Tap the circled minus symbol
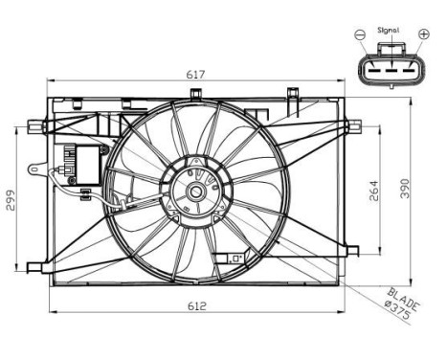point(360,35)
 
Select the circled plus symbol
point(424,35)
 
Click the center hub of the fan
point(196,192)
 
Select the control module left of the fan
point(81,159)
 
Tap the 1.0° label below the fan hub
point(233,258)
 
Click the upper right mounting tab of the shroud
point(353,124)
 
